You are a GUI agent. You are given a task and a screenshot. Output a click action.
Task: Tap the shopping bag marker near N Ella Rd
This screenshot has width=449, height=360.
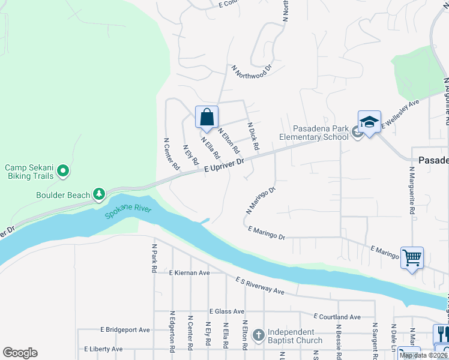tap(206, 117)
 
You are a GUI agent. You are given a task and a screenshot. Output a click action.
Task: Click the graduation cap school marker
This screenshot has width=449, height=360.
tap(370, 122)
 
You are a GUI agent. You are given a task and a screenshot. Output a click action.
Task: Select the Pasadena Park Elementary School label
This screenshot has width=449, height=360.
tap(314, 133)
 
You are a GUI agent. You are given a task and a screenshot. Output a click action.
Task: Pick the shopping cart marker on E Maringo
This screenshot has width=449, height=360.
tap(412, 258)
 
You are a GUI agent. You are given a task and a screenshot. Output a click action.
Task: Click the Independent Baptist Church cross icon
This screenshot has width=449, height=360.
tap(259, 335)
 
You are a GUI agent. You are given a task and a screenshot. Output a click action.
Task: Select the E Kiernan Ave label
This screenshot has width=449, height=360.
tap(189, 272)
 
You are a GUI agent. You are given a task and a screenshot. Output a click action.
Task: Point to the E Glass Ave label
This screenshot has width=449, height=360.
tap(227, 311)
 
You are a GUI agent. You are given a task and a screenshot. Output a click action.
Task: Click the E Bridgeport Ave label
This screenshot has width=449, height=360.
tap(125, 329)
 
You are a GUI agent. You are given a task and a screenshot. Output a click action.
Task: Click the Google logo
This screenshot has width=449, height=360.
tap(20, 353)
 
